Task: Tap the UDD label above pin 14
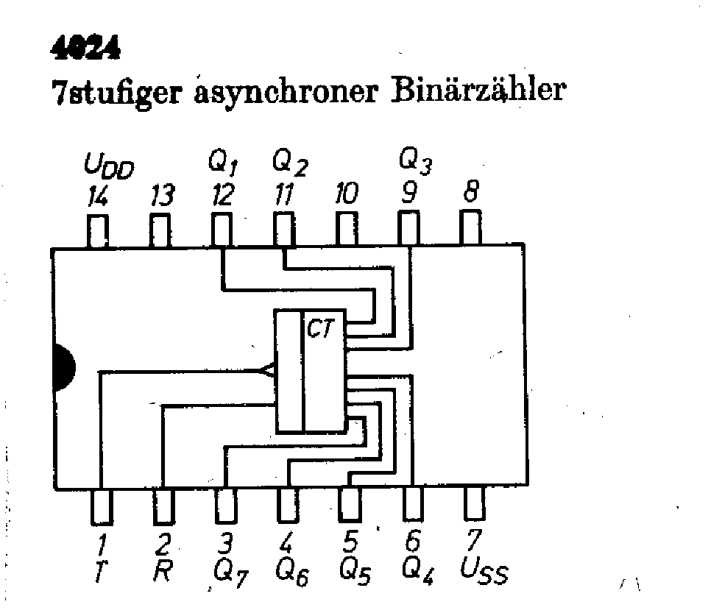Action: click(108, 169)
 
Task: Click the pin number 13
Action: click(162, 196)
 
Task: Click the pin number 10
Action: click(345, 196)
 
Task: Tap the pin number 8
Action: click(471, 194)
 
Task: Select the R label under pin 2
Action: click(163, 572)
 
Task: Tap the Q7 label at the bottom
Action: click(227, 573)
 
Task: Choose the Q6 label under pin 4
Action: click(291, 573)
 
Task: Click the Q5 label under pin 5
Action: click(354, 573)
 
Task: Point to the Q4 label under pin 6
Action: click(417, 573)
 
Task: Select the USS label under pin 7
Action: click(484, 573)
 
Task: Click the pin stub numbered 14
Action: click(98, 230)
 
